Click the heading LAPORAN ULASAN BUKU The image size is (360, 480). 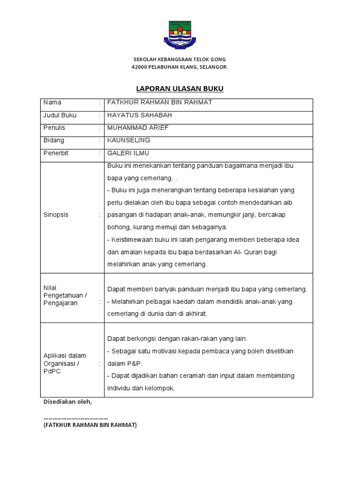pyautogui.click(x=180, y=88)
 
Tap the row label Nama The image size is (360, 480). pyautogui.click(x=52, y=102)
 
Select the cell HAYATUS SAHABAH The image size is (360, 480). pyautogui.click(x=140, y=115)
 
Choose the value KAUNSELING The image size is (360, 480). pyautogui.click(x=129, y=140)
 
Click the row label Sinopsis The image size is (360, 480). pyautogui.click(x=56, y=215)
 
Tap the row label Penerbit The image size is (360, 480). pyautogui.click(x=56, y=153)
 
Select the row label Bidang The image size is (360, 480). pyautogui.click(x=54, y=140)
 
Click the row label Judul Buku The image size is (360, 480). pyautogui.click(x=60, y=115)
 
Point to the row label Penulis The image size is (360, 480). pyautogui.click(x=54, y=127)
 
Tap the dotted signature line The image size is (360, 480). pyautogui.click(x=75, y=417)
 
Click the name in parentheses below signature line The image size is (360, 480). pyautogui.click(x=90, y=425)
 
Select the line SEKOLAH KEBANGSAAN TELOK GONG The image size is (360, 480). pyautogui.click(x=180, y=60)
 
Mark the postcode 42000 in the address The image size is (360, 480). pyautogui.click(x=139, y=67)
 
